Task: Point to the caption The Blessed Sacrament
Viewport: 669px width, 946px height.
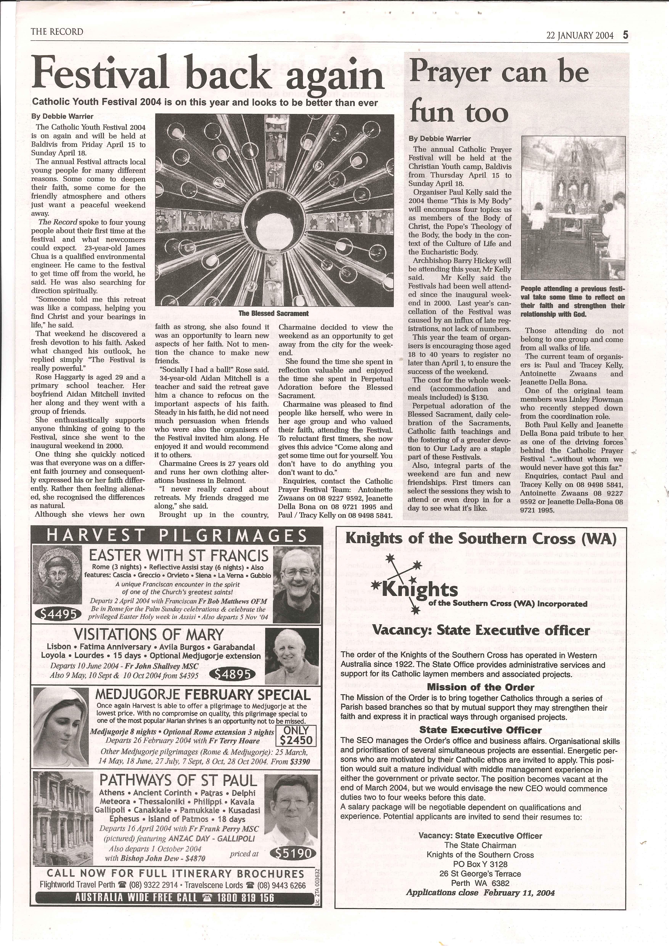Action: point(273,313)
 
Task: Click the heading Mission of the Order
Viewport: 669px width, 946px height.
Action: point(480,687)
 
